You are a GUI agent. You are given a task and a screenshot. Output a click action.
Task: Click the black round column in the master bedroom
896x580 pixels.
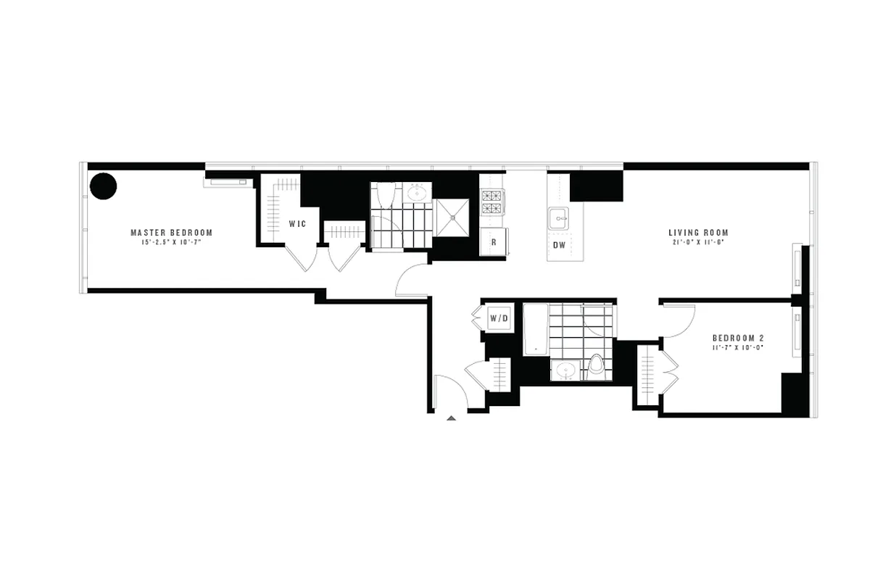click(x=103, y=186)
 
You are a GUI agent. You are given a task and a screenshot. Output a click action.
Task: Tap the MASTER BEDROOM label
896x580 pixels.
click(x=171, y=233)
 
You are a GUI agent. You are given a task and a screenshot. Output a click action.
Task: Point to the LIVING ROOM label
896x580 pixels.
click(x=698, y=233)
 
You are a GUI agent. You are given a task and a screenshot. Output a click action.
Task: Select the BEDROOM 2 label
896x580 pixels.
click(x=738, y=338)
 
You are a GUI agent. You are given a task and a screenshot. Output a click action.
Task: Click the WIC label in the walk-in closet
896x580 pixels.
click(x=297, y=224)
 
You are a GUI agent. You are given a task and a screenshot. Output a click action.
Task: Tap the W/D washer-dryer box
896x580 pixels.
click(x=498, y=318)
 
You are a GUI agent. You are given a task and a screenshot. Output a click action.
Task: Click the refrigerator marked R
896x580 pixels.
click(x=494, y=242)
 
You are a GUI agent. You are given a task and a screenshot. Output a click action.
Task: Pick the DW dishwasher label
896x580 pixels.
click(x=559, y=245)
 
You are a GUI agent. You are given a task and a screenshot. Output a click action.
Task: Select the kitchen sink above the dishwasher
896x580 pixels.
click(x=557, y=217)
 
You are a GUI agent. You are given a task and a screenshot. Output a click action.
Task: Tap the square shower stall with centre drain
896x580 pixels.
click(x=452, y=217)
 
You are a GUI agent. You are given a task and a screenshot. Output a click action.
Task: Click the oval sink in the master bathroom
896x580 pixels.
click(x=417, y=193)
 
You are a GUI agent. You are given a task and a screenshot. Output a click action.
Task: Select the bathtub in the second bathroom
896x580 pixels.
click(x=535, y=329)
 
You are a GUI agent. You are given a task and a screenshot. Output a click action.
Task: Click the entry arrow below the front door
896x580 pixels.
click(x=451, y=418)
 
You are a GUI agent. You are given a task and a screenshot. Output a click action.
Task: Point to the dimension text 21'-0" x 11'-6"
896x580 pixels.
click(x=698, y=243)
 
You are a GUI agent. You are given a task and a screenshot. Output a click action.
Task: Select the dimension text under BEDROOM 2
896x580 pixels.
click(x=738, y=348)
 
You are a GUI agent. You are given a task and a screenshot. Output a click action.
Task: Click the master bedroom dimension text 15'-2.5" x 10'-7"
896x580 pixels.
click(x=171, y=243)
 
